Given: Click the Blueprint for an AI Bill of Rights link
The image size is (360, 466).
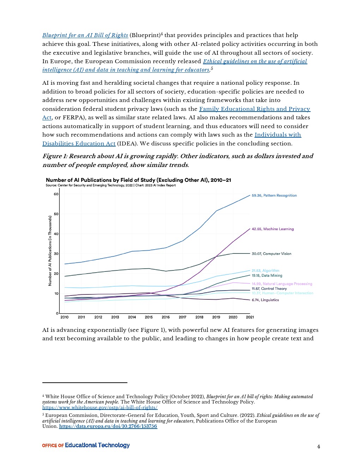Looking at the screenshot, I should point(85,35).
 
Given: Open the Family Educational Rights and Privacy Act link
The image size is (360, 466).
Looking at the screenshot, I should point(254,109).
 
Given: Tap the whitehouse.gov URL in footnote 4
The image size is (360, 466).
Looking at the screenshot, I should point(100,407).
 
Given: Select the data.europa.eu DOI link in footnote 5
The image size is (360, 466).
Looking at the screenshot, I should point(108,426).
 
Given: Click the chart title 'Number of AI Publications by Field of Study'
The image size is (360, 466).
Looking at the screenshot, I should point(138,180).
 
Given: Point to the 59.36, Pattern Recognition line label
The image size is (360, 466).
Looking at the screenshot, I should point(274,196).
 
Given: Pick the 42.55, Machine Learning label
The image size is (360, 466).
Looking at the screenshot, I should point(272,229).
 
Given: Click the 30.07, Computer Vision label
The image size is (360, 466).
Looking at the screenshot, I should point(271,254).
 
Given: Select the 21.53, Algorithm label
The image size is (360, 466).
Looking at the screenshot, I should point(265,271).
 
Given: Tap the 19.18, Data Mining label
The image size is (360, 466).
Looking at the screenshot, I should point(267,276).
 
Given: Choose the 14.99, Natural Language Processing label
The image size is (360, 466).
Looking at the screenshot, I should point(282,284).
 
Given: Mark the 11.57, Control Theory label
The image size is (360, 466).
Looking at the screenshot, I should point(269,289).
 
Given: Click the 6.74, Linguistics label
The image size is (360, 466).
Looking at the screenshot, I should point(265,300).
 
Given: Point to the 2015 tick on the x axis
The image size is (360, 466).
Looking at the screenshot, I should point(149,317).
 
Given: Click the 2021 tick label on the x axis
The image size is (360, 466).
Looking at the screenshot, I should point(250,317).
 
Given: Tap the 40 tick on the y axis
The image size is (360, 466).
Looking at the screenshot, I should point(56,234).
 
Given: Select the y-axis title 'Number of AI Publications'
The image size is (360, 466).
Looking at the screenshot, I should point(50,251).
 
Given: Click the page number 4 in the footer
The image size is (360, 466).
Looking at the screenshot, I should point(318,447).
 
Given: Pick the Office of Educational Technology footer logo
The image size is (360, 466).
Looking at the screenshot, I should point(86,446).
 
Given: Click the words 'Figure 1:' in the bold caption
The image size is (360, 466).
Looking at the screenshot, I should point(55,156).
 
